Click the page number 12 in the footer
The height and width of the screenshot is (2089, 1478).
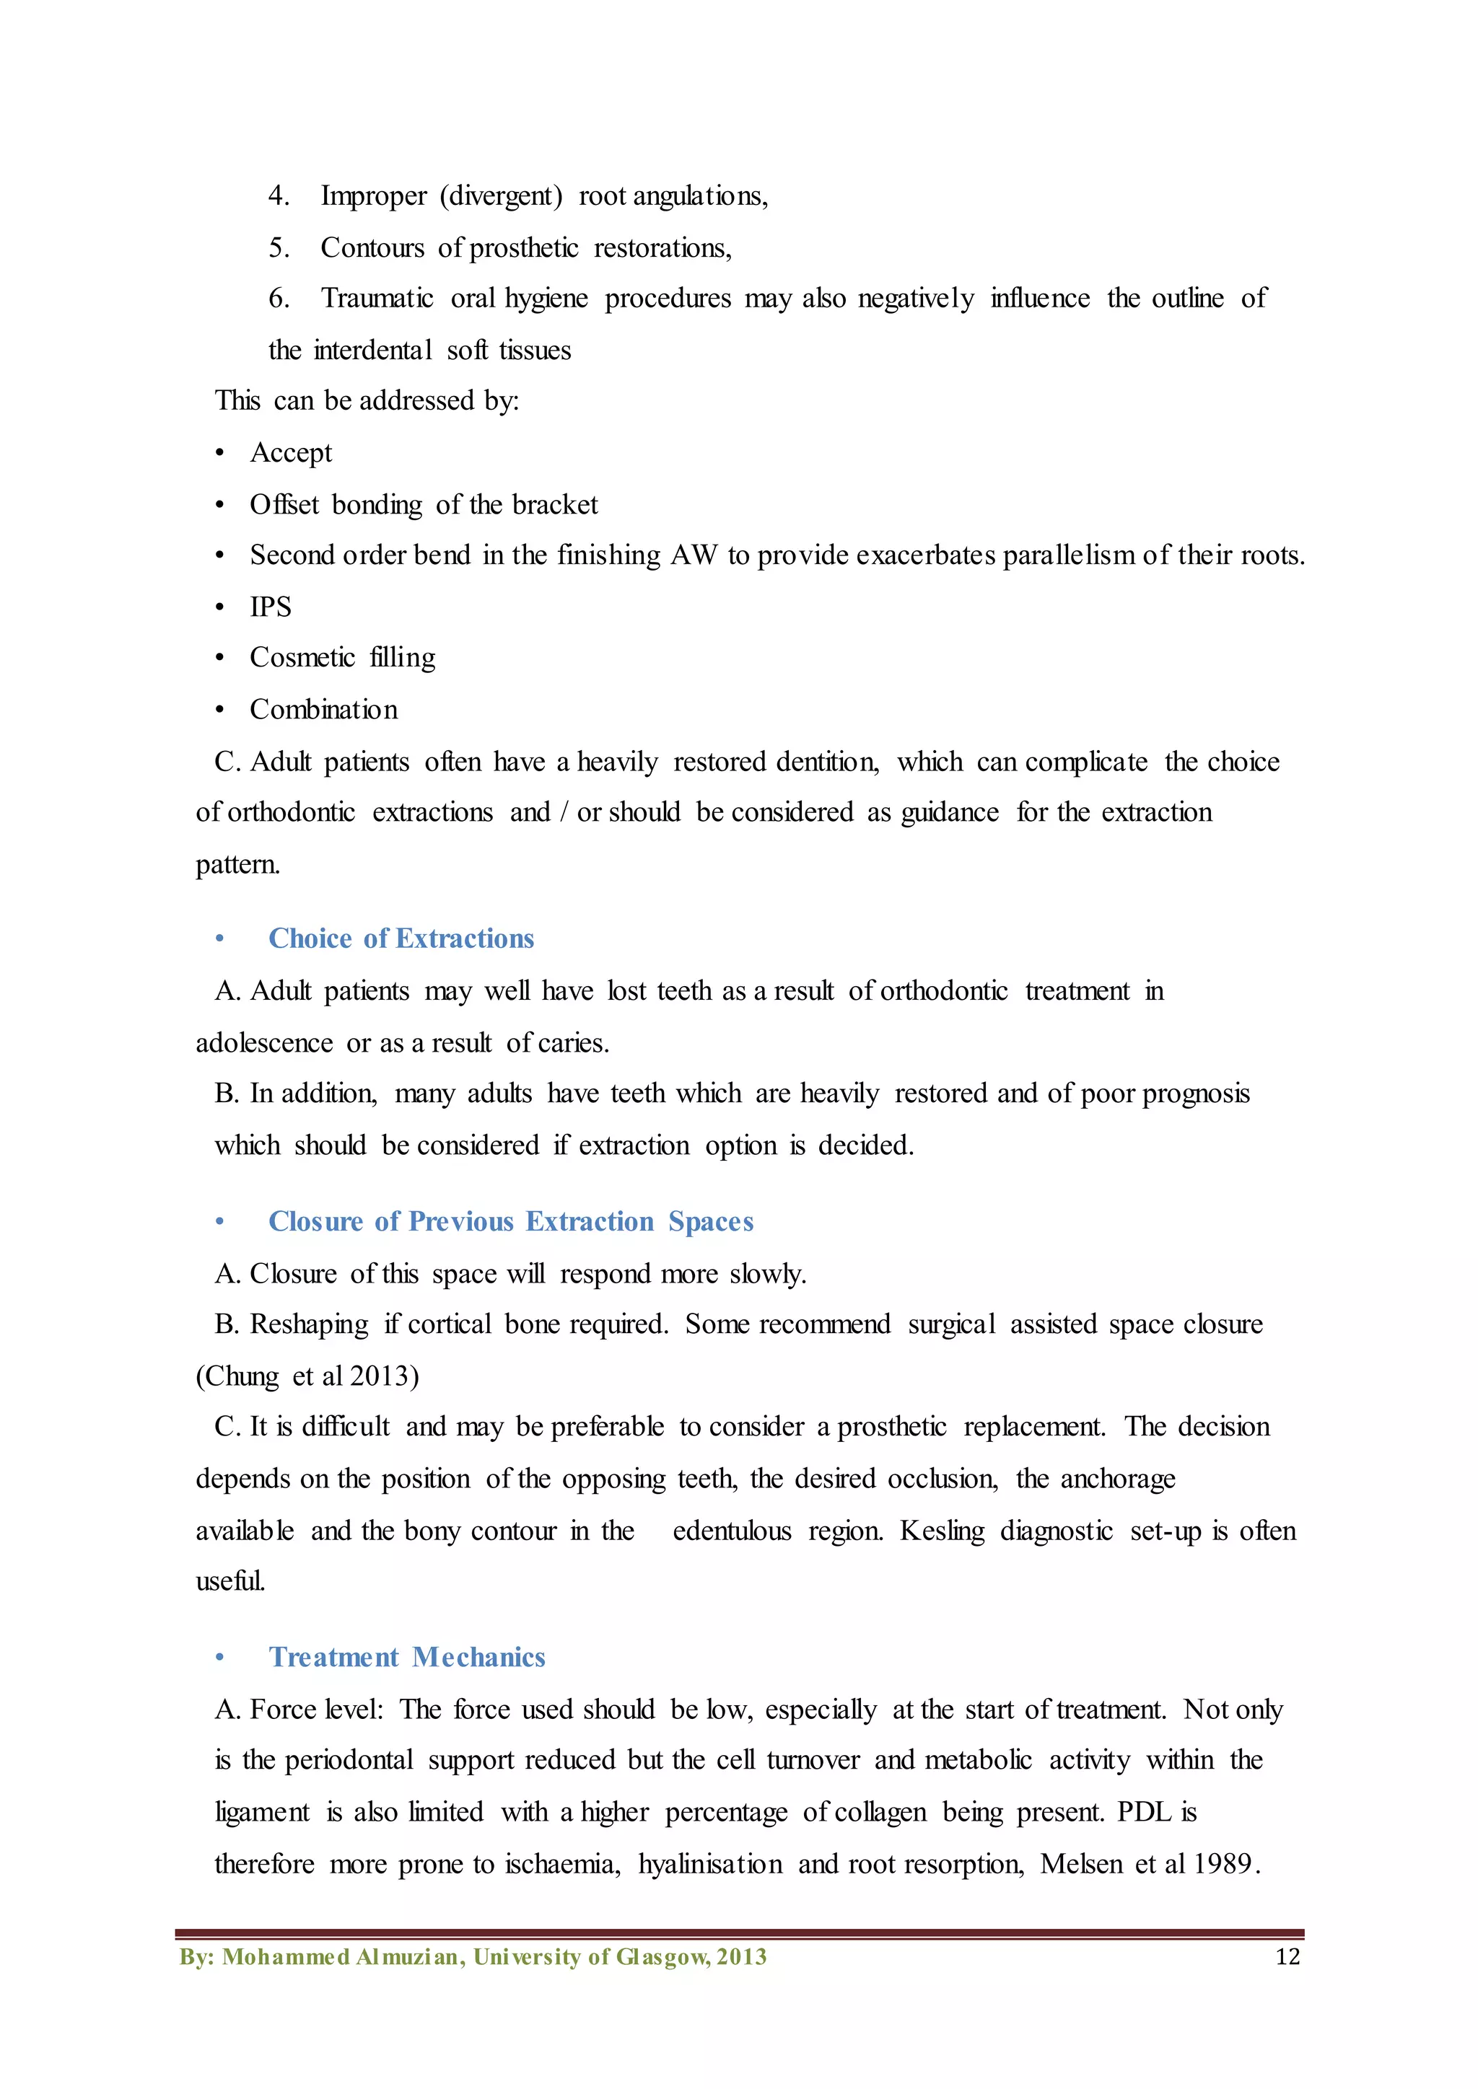1287,1957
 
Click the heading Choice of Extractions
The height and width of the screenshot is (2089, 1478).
401,938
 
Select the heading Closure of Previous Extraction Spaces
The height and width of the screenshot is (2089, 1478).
510,1221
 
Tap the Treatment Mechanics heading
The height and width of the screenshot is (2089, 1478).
407,1657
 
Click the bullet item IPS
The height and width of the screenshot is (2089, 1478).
271,607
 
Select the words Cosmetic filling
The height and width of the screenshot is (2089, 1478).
342,658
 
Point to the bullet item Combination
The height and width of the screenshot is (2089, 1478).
324,710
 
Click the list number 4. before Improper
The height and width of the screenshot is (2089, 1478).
279,195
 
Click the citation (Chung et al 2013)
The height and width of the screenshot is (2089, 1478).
307,1376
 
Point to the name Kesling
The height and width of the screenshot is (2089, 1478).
942,1531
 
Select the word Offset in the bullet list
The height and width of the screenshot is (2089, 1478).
284,504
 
